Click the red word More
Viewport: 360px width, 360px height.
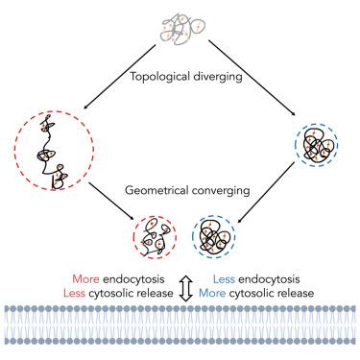point(85,279)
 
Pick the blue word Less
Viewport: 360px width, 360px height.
point(224,279)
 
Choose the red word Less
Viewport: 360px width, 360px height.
point(74,293)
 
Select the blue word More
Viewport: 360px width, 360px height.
point(212,293)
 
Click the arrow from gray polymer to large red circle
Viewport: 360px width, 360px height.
point(119,77)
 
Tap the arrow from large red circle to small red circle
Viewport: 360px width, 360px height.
point(111,202)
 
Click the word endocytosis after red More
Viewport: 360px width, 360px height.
point(133,279)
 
